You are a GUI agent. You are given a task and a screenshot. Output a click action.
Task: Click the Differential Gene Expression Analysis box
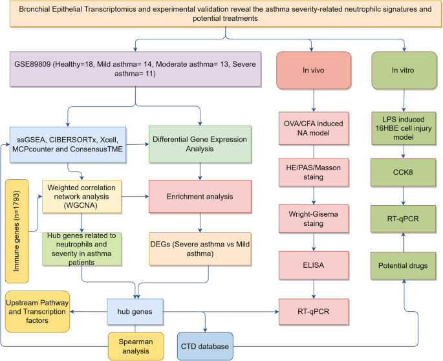click(x=200, y=143)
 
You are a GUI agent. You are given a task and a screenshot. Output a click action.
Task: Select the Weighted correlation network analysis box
click(x=81, y=193)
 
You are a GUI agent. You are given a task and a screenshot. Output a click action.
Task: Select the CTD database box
click(x=205, y=346)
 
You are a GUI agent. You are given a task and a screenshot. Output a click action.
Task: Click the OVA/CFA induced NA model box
click(x=313, y=129)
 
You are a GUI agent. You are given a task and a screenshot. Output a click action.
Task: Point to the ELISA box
click(x=313, y=264)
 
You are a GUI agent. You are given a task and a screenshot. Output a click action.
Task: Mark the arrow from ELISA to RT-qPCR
click(x=313, y=287)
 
